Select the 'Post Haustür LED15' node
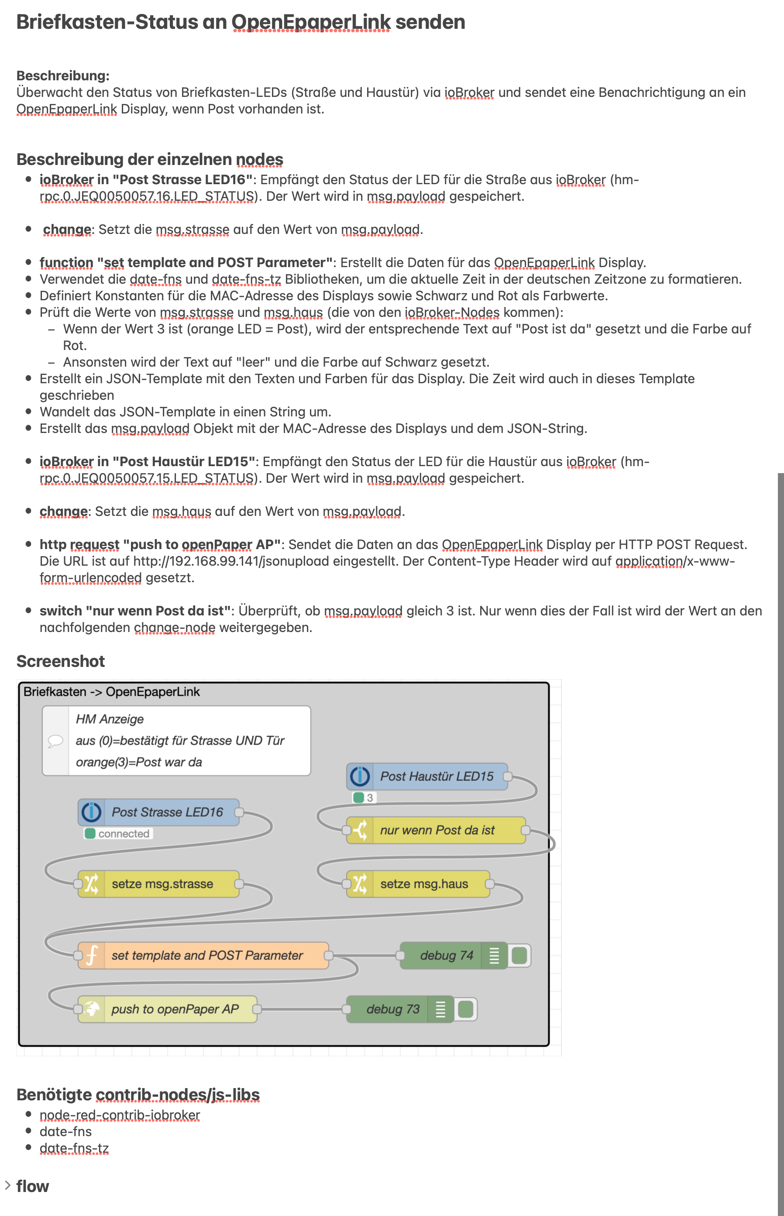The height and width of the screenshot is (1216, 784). point(428,776)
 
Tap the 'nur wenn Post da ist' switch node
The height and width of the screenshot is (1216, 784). point(436,830)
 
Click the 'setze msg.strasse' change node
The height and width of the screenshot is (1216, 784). point(159,883)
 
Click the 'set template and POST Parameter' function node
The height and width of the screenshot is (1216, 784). point(203,955)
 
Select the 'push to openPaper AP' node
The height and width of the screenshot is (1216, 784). point(168,1009)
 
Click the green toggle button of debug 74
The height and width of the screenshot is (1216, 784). point(519,955)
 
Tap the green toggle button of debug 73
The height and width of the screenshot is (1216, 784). point(465,1009)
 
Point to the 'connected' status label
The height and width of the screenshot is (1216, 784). point(123,834)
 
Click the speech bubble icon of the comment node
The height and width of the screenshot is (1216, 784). point(55,741)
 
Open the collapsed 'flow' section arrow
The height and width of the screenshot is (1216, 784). point(7,1185)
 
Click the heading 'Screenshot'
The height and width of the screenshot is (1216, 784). point(61,661)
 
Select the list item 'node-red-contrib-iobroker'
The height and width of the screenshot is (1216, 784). point(120,1115)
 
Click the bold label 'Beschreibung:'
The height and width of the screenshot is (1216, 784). point(62,76)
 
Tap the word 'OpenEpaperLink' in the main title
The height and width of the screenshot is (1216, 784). point(311,22)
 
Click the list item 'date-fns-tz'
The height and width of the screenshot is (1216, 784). point(74,1148)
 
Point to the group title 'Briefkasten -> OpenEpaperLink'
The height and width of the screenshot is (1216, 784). point(111,692)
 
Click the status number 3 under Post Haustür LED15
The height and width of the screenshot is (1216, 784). point(370,797)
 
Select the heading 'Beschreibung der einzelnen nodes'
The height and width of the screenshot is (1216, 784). point(150,159)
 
